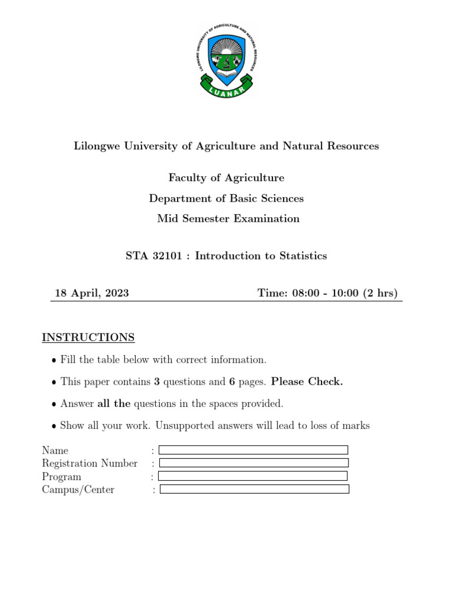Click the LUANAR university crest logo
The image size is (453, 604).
226,61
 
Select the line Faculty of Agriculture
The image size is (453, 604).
226,178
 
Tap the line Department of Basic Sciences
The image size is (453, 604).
226,198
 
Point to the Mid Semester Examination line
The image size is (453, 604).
228,219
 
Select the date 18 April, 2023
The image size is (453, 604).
92,293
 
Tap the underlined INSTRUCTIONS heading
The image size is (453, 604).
88,337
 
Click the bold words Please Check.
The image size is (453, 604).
307,382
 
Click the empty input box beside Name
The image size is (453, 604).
254,450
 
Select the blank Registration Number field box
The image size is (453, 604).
254,463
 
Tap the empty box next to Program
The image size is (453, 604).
252,476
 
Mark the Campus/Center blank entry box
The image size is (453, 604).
255,489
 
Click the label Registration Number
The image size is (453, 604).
90,464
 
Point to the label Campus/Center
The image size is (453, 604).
78,490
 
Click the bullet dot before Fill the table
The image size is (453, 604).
54,360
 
